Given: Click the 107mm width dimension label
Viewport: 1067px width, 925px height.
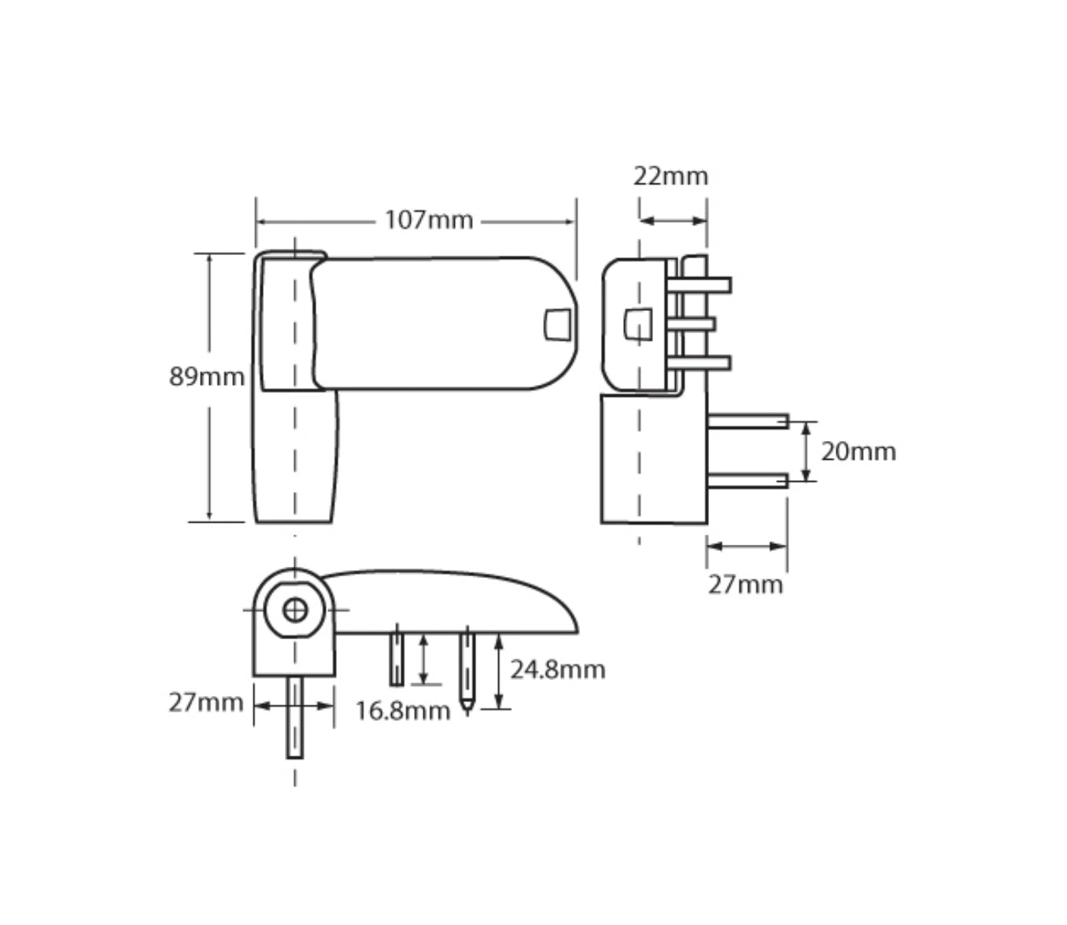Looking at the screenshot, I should click(429, 220).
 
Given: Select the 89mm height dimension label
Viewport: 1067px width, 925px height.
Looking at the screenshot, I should click(207, 377).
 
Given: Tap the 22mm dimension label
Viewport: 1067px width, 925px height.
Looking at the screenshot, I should click(670, 176).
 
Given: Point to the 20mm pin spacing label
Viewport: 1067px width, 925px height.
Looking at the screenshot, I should click(858, 452).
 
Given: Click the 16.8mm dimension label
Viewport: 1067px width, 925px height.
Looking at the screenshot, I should click(402, 711).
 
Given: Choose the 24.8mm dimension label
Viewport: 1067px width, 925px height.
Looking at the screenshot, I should click(557, 670).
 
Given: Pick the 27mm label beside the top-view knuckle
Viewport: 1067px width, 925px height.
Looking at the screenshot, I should click(205, 701).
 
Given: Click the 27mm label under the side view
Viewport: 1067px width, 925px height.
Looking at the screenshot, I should click(744, 585).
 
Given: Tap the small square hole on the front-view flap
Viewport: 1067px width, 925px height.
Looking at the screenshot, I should click(557, 324).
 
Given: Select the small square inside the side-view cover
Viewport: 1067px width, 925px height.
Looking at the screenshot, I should click(637, 324).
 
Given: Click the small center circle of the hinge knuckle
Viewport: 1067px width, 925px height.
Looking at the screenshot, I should click(295, 609).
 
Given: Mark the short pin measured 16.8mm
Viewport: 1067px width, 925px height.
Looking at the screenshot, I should click(397, 659).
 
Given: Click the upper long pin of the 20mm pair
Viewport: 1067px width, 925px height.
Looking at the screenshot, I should click(748, 421).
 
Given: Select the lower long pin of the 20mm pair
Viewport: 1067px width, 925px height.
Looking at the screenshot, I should click(748, 480).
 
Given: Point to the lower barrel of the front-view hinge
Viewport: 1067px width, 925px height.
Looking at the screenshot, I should click(295, 457).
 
